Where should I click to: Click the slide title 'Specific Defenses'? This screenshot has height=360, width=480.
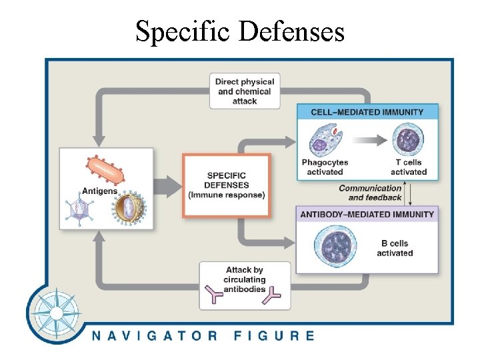(x=240, y=31)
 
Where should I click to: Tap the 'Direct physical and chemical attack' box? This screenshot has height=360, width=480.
(x=245, y=91)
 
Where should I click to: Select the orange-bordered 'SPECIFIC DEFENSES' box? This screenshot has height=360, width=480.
(x=227, y=185)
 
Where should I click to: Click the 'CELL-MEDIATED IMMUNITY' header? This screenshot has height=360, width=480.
(x=367, y=112)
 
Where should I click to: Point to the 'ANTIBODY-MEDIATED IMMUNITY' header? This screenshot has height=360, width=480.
(x=367, y=214)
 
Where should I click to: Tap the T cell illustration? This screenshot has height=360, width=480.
(x=406, y=141)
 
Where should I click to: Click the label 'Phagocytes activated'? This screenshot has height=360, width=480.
(x=325, y=167)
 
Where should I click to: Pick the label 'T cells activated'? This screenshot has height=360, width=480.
(x=408, y=167)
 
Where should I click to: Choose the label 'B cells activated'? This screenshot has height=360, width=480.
(x=395, y=248)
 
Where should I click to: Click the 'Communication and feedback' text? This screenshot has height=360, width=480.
(x=371, y=193)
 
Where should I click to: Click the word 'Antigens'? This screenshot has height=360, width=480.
(x=99, y=191)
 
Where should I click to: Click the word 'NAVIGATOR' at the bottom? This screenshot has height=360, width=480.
(x=155, y=335)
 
